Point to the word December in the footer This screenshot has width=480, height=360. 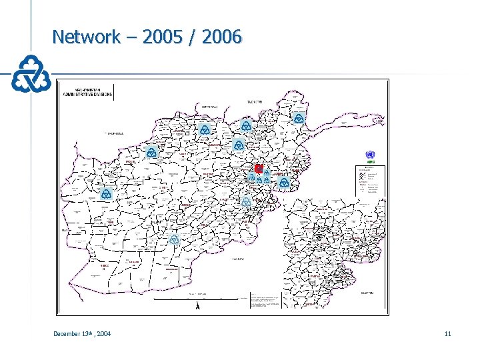tap(68, 333)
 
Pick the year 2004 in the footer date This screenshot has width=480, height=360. tap(103, 333)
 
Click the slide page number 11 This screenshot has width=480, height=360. tap(447, 333)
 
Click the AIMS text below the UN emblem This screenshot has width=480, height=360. tap(370, 162)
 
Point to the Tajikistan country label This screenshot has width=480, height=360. tap(255, 101)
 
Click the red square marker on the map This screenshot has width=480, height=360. tap(259, 169)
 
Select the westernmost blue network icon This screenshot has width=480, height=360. tap(105, 193)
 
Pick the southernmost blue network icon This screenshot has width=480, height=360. tap(174, 239)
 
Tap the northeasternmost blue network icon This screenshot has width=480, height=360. tap(297, 118)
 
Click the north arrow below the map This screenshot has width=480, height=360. tap(197, 305)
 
